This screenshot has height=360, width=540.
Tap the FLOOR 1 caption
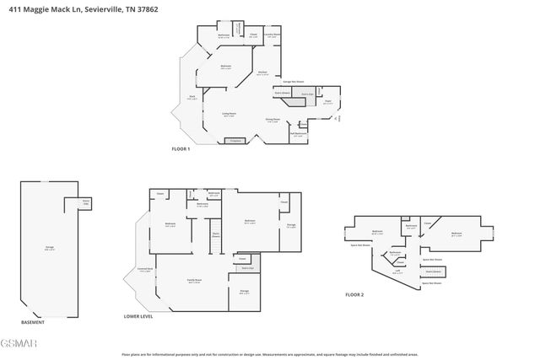181,148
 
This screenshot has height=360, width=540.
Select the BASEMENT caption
33,323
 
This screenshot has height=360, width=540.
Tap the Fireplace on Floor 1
235,140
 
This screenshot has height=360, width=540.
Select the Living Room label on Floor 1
229,115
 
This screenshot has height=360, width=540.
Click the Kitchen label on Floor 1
262,73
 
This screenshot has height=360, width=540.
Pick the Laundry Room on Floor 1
273,35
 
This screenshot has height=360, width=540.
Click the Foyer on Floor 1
327,102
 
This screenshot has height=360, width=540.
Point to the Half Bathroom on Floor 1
298,133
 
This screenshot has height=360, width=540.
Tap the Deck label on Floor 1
192,98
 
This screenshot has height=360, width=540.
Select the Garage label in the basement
50,248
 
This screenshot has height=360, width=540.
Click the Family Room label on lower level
193,282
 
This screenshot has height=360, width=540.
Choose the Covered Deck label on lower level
144,271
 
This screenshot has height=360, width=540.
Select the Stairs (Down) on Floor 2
434,271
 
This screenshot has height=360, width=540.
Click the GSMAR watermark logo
14,343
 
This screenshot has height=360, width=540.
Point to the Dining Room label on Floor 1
273,121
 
